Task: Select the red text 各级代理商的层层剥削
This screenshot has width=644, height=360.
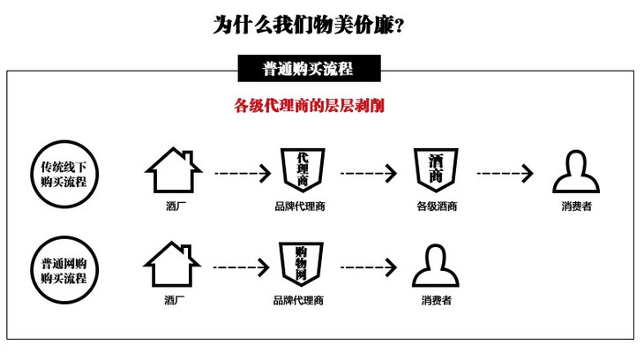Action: click(x=308, y=105)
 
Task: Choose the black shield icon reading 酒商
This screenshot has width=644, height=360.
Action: click(x=436, y=169)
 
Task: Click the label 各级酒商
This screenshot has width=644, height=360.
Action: click(x=436, y=207)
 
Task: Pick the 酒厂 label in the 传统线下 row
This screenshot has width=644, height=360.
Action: click(x=174, y=207)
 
